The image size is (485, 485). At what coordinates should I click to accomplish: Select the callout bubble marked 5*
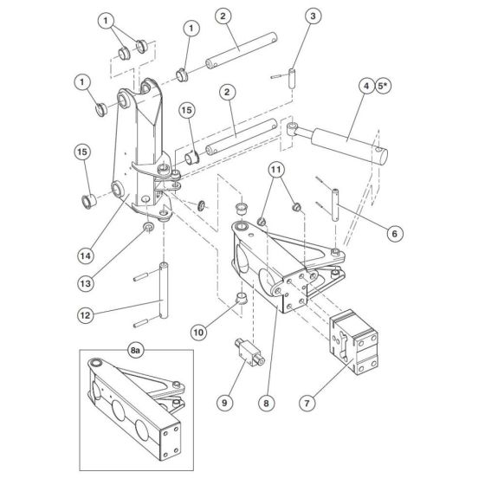coord(385,86)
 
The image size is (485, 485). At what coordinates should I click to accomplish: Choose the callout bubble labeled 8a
coord(135,352)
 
